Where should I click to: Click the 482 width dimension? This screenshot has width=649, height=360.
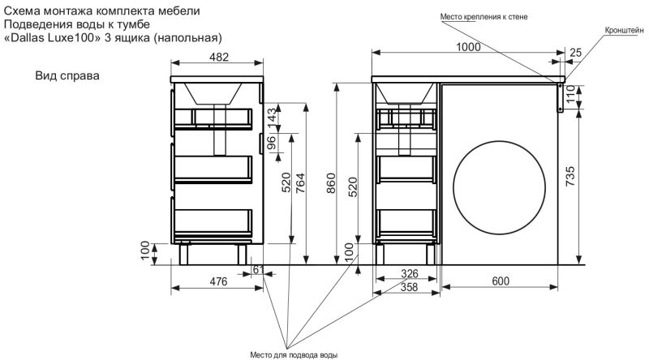pos(218,57)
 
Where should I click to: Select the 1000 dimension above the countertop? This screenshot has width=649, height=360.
pos(468,47)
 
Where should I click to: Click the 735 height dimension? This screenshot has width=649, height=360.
pos(570,176)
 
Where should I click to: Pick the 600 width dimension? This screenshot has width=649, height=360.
pos(501,281)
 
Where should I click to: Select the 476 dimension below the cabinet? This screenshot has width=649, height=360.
pos(218,282)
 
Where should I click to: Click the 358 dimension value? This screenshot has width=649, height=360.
pos(409,287)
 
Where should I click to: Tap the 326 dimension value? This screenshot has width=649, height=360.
pos(410,273)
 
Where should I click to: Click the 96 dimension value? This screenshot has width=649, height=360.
pos(271,144)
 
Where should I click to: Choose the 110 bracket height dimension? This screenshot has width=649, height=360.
pos(571,94)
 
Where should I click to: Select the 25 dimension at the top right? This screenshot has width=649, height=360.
pos(575,53)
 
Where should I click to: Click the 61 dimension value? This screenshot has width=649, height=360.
pos(258,270)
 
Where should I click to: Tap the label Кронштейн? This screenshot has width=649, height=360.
pos(624,30)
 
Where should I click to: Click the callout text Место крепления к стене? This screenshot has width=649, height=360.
pos(484,17)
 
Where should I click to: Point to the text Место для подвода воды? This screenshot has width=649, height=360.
pos(294,355)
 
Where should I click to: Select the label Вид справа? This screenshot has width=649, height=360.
pos(67,76)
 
